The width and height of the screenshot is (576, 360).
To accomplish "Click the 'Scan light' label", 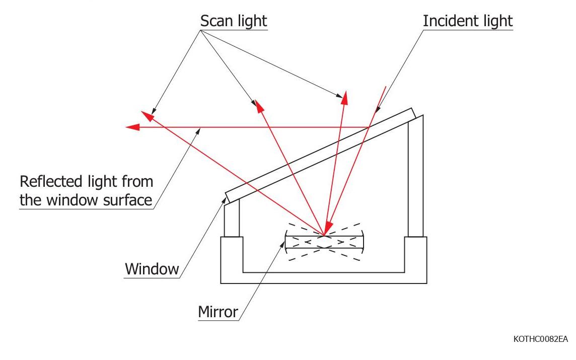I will coord(233,21).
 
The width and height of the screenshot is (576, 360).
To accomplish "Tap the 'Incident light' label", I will coord(467,21).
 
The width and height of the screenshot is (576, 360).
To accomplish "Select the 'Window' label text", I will coord(152,269).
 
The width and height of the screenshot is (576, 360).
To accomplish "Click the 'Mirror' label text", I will coord(218,312).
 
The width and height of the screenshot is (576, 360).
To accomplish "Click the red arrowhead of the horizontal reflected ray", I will coord(132,127).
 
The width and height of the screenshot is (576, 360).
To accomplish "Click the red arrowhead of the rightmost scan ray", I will coord(344,99).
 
